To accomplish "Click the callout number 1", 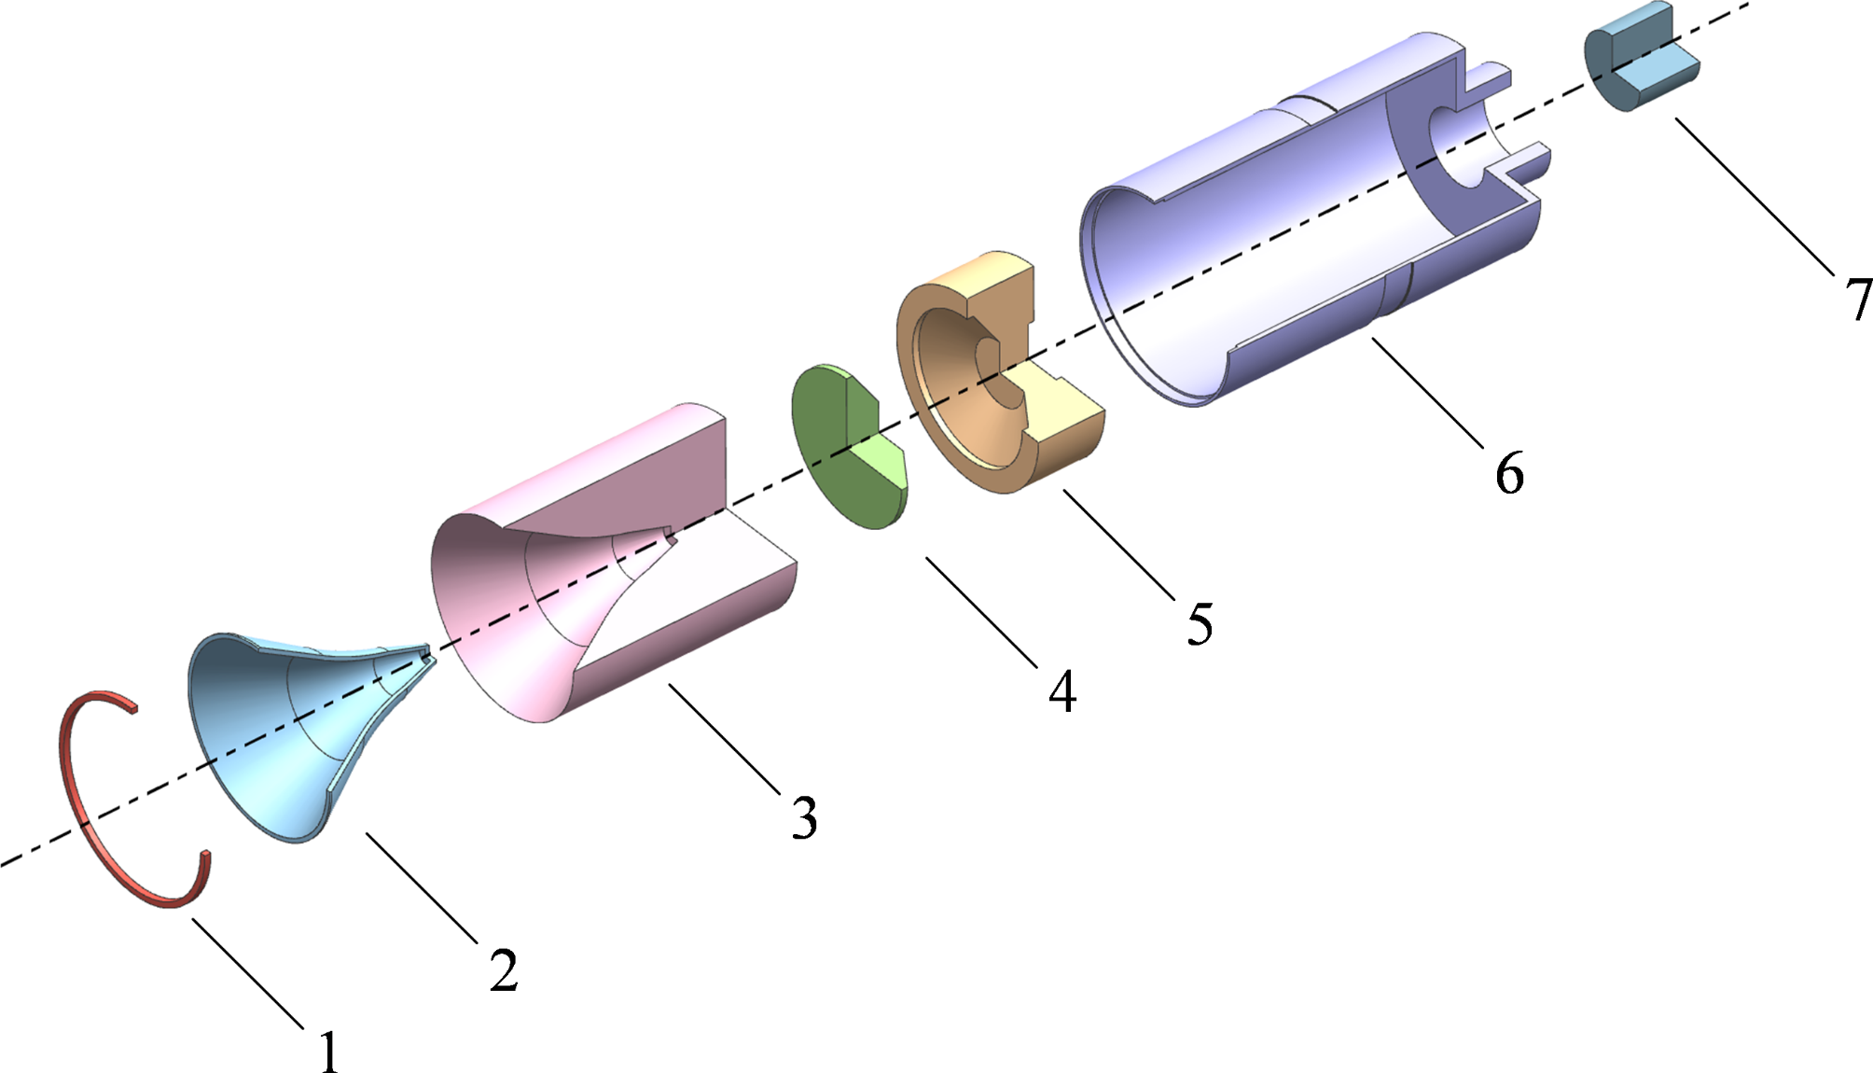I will [x=328, y=1052].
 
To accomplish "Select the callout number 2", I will [x=504, y=970].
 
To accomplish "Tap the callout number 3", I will [x=804, y=817].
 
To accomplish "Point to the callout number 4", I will [x=1062, y=691].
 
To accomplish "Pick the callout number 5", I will [x=1200, y=623].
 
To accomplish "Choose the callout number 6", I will [x=1509, y=472].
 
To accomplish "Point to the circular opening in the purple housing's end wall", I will [x=1460, y=149].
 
